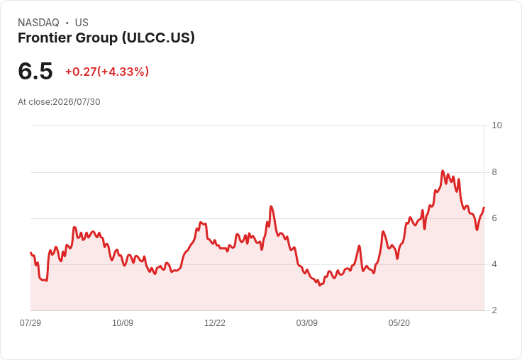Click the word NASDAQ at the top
(38, 23)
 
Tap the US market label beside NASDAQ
(82, 23)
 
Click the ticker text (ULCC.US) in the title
(158, 38)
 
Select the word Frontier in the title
(45, 38)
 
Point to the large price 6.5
(35, 71)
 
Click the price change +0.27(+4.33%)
(107, 72)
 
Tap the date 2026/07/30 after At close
(77, 102)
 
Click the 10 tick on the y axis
(496, 125)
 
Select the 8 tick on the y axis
(494, 172)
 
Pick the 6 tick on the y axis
(494, 218)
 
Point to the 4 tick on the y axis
(494, 264)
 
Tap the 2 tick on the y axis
(494, 310)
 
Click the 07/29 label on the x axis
(30, 322)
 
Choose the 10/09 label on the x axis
(123, 322)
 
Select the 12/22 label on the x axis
(215, 322)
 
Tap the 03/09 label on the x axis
(306, 322)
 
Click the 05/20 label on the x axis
(399, 322)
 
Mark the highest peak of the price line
(443, 171)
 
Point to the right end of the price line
(484, 207)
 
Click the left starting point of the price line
(30, 252)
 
